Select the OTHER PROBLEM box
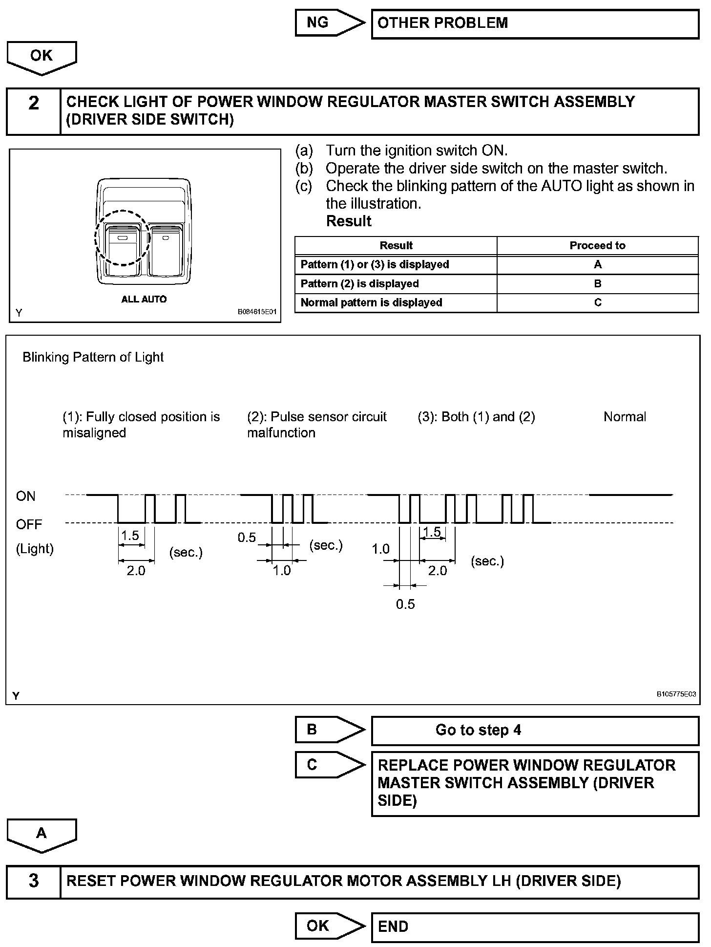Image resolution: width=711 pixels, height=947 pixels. click(x=535, y=23)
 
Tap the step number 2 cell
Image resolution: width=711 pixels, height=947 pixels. click(x=33, y=111)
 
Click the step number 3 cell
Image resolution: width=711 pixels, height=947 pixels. click(x=33, y=882)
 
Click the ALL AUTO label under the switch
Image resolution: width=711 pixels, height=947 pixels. click(x=144, y=300)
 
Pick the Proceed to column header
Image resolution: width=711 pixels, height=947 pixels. click(x=597, y=245)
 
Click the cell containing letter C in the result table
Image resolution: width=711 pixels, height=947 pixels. click(x=597, y=302)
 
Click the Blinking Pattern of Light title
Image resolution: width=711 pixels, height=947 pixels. click(x=93, y=357)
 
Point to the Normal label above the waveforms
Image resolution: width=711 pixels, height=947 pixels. click(x=625, y=417)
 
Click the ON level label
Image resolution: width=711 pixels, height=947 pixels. click(x=26, y=496)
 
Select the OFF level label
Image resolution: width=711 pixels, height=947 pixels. click(x=29, y=524)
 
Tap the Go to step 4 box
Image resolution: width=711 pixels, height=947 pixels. click(x=535, y=731)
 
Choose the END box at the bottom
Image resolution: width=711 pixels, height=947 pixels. click(x=535, y=927)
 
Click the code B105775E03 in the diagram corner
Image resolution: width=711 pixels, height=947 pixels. click(x=676, y=694)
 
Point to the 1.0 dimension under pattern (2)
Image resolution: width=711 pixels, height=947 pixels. click(x=282, y=570)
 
